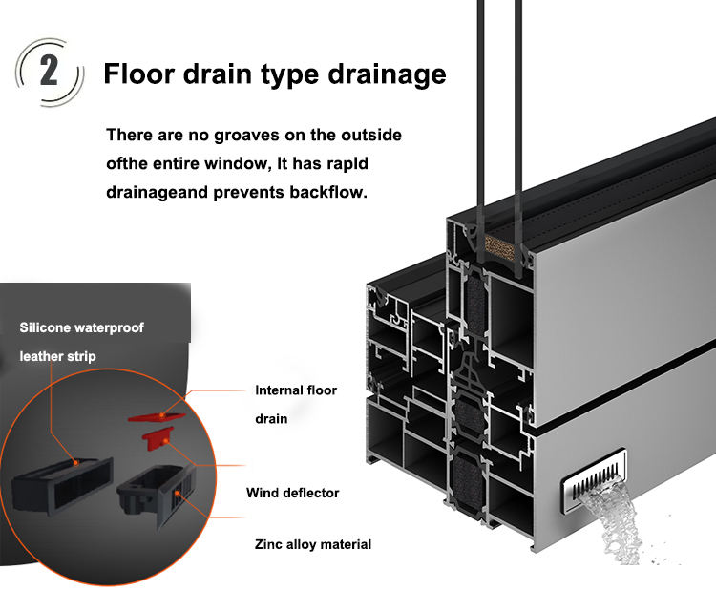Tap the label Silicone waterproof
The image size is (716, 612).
tap(82, 328)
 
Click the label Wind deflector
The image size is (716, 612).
tap(293, 494)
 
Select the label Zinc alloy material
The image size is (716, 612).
tap(312, 545)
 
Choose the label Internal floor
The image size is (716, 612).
tap(295, 390)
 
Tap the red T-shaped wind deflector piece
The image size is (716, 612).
tap(156, 438)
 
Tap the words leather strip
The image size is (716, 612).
tap(58, 357)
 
